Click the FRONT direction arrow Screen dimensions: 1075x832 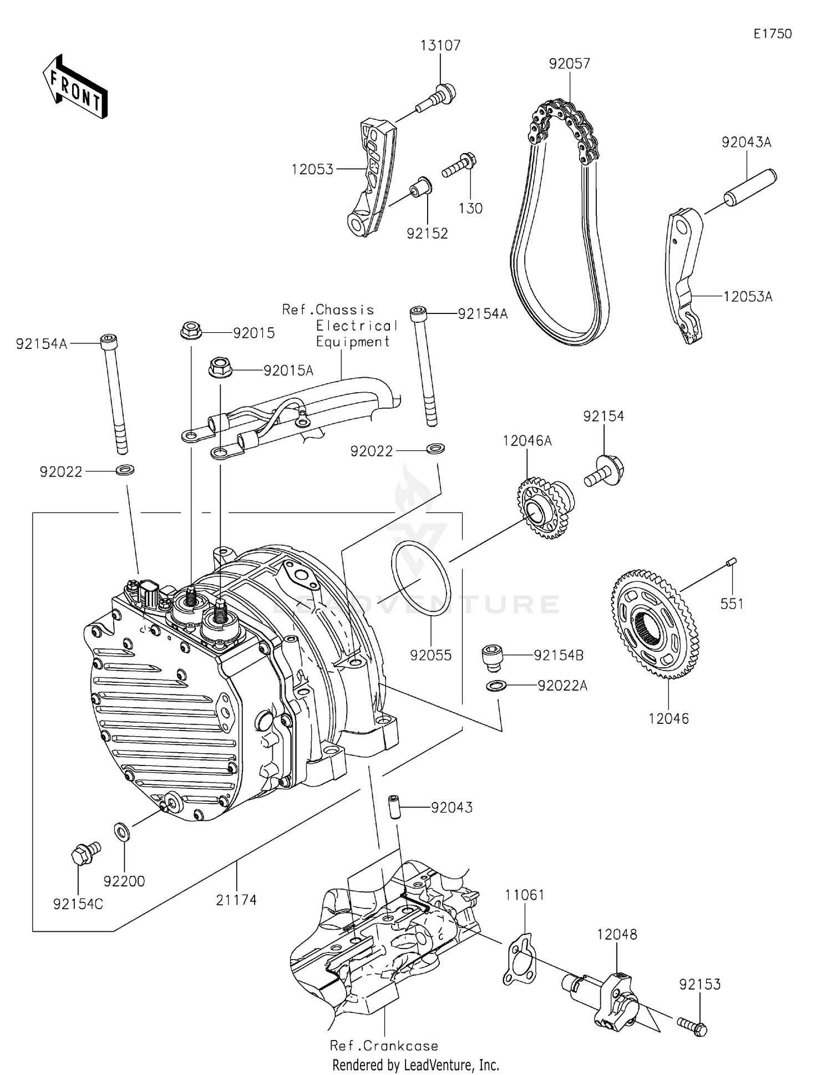tap(74, 87)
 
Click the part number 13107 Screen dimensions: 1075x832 tap(440, 45)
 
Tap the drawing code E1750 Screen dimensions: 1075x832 tap(772, 34)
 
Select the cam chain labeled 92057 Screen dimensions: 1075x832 tap(560, 222)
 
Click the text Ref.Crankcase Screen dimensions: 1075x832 tap(384, 1046)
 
